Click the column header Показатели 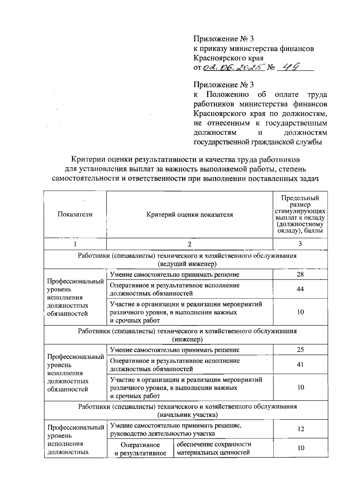tap(75, 214)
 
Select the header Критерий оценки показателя tap(190, 214)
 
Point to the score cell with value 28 tap(300, 274)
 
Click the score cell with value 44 tap(300, 289)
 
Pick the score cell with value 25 tap(300, 349)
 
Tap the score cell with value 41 tap(300, 364)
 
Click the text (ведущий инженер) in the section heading tap(187, 264)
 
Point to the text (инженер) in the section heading tap(187, 339)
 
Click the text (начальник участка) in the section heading tap(187, 415)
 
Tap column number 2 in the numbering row tap(190, 244)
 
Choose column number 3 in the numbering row tap(300, 244)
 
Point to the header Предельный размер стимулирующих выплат tap(300, 214)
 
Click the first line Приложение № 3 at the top tap(223, 39)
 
